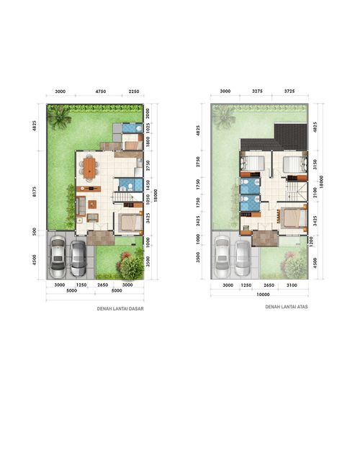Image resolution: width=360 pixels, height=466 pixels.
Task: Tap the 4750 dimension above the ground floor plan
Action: click(100, 92)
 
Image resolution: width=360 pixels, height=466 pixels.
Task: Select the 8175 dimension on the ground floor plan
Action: click(35, 192)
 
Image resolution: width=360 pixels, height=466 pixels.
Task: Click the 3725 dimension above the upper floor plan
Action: click(289, 91)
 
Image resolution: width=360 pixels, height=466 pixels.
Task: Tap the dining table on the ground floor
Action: click(89, 167)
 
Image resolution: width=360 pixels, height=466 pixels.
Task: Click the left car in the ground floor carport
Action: click(58, 258)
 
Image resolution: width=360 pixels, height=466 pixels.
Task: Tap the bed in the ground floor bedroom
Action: click(129, 221)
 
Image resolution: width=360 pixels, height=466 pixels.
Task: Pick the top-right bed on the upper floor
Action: click(292, 165)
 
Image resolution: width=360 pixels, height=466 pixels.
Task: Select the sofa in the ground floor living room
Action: click(80, 205)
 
